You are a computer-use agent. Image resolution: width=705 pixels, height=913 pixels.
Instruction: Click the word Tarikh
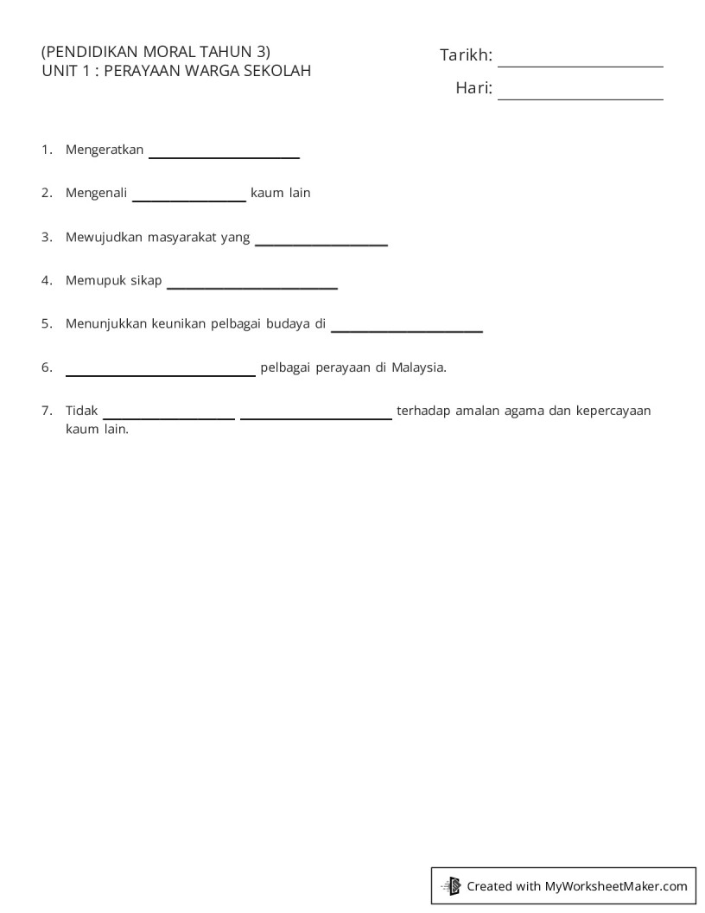coord(466,56)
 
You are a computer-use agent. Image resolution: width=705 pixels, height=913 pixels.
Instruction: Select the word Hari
coord(473,88)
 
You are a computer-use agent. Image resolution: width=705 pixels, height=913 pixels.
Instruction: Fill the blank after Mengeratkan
coord(225,152)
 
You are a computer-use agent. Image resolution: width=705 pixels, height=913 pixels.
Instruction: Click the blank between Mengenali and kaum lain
coord(189,195)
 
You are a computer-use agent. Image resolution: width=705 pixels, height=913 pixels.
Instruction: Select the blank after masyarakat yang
coord(321,239)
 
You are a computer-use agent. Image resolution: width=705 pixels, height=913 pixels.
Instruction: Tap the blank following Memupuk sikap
coord(252,283)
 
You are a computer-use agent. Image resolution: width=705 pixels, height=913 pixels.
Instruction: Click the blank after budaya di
coord(407,326)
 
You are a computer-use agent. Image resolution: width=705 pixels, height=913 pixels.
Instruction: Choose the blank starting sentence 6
coord(161,370)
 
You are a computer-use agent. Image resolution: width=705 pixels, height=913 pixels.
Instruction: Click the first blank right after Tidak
coord(169,413)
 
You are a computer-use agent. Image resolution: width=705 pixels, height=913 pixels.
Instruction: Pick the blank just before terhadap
coord(316,413)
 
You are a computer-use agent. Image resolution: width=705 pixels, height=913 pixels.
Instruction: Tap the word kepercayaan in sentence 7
coord(613,411)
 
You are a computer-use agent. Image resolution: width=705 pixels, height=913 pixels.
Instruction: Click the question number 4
coord(46,280)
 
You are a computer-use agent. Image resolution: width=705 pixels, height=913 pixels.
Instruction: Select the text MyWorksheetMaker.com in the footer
coord(616,885)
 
